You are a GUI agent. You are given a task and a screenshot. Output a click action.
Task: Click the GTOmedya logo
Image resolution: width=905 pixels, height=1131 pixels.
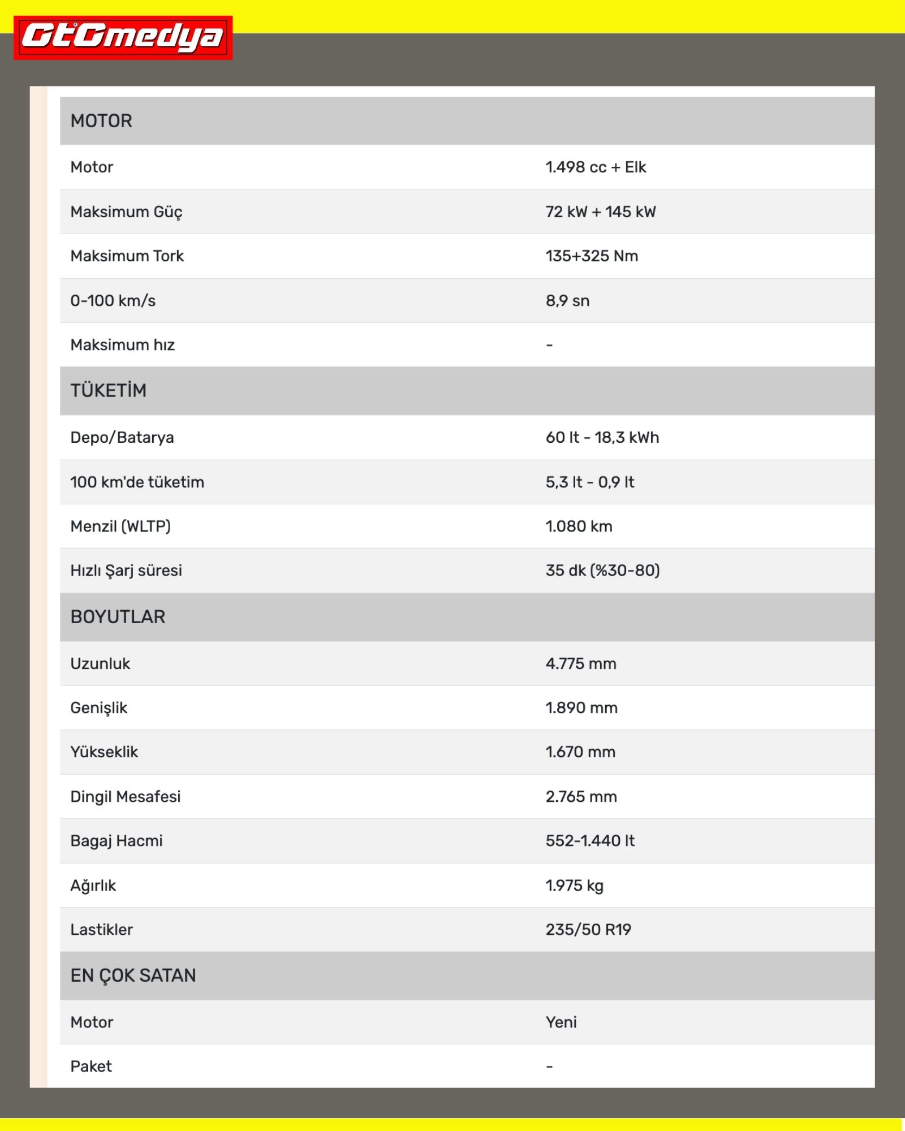(123, 37)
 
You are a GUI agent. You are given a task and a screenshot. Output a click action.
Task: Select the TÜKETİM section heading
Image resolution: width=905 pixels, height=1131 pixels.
(108, 391)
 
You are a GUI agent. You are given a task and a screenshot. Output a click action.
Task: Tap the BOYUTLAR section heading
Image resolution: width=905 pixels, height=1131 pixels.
(118, 617)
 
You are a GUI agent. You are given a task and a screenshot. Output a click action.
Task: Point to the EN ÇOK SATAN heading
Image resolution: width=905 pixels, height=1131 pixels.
(133, 975)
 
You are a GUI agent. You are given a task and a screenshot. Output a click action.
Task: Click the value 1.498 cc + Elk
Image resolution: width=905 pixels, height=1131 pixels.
(596, 167)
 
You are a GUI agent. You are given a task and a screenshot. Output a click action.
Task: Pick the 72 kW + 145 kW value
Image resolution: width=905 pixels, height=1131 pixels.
(601, 212)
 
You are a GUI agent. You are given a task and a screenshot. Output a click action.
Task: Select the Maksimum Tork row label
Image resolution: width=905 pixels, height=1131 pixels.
(127, 256)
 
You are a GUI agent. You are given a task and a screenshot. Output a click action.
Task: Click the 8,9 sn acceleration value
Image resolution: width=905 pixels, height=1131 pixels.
(567, 301)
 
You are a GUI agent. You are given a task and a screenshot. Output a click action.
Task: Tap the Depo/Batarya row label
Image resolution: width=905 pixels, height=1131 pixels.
(122, 438)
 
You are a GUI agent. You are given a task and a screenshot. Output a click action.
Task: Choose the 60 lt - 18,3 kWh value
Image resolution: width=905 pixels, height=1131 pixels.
(602, 438)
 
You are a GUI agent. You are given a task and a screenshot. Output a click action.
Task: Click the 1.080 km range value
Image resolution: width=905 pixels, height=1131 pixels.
(579, 526)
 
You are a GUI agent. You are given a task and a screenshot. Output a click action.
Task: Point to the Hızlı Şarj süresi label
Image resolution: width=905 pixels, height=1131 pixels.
(126, 571)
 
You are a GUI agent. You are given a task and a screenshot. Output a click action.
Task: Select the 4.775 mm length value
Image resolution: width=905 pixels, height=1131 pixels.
(581, 664)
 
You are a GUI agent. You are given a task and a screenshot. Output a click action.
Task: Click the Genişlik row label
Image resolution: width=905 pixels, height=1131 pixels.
(99, 708)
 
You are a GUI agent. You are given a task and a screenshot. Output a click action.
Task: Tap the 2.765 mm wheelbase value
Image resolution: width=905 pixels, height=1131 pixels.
(581, 797)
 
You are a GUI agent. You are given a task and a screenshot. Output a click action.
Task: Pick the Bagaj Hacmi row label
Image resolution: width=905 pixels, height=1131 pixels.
(117, 841)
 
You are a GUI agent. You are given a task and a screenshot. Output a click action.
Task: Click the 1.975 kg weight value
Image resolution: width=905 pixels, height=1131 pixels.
(574, 886)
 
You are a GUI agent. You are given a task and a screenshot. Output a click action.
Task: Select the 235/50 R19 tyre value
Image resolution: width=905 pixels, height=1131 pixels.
(588, 930)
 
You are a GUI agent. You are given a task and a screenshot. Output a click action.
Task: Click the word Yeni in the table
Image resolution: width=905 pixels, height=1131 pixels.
(561, 1022)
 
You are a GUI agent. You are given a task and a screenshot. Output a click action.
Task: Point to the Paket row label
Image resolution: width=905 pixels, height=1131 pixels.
(91, 1067)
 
